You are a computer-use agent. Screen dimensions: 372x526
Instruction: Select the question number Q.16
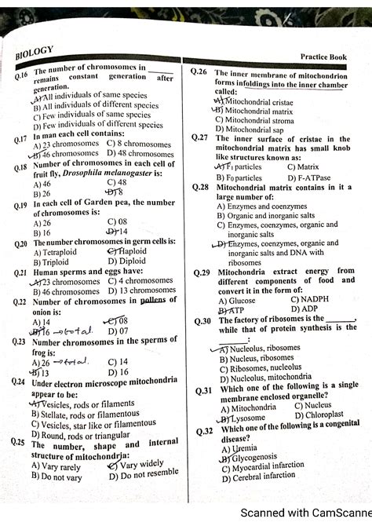click(21, 76)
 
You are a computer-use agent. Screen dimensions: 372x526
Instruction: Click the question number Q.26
click(199, 71)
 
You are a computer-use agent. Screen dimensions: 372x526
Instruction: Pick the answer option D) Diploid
click(128, 261)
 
